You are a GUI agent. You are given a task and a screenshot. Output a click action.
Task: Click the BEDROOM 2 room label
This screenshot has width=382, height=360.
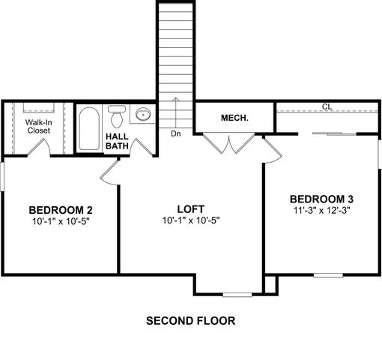coord(61,209)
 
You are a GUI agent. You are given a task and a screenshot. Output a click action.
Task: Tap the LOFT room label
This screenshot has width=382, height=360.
coord(190,209)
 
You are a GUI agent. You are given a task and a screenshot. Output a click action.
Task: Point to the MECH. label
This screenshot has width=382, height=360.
coord(234,118)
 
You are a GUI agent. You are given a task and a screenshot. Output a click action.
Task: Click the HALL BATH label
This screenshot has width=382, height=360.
coord(116,140)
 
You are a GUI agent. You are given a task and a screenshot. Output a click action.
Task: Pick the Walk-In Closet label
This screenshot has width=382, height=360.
coord(38,125)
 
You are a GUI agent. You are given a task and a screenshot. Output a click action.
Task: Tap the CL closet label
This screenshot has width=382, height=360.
coord(327,106)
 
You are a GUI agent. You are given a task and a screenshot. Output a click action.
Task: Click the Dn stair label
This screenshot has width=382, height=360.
coord(175,134)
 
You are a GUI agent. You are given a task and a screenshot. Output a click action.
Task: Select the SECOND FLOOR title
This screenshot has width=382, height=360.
coord(190,320)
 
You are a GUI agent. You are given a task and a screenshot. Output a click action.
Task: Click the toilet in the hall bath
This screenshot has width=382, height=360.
coord(116,117)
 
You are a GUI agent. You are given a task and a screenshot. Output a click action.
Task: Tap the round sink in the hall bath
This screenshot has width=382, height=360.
coord(142,115)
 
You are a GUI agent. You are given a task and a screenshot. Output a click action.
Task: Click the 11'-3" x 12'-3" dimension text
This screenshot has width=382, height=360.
coord(321,211)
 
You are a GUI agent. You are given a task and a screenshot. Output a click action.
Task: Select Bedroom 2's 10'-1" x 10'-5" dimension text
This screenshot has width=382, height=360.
coord(61,221)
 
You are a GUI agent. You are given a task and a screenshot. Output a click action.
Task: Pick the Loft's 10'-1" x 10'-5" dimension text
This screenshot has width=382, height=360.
coord(190,221)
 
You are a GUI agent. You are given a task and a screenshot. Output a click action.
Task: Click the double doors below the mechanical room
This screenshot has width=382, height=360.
coord(228,144)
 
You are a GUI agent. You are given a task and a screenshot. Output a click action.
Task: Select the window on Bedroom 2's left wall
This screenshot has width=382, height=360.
coord(2,180)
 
